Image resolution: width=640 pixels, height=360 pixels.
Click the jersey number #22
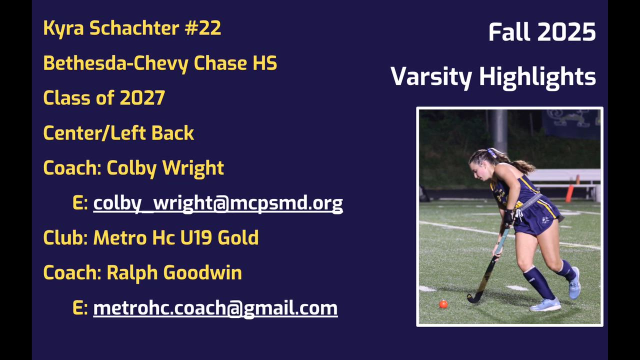click(202, 27)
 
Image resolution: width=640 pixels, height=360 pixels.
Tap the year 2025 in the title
click(567, 31)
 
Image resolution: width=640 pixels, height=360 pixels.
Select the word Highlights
click(537, 77)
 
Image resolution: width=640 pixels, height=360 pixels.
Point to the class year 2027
click(142, 97)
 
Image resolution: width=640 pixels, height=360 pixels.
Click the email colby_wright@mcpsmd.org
click(218, 203)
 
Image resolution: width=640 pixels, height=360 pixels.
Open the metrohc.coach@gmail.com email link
click(215, 308)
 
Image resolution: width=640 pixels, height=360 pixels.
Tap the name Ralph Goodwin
click(174, 272)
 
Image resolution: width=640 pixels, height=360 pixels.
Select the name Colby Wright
click(165, 167)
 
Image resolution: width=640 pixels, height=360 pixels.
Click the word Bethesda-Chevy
click(115, 63)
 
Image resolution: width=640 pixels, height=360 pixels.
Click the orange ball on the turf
click(443, 304)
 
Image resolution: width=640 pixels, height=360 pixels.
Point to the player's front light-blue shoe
click(545, 304)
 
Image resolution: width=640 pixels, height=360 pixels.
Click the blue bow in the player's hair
click(492, 152)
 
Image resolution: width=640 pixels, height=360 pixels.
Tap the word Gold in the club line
click(238, 237)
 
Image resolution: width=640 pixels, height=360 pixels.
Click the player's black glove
click(508, 217)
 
